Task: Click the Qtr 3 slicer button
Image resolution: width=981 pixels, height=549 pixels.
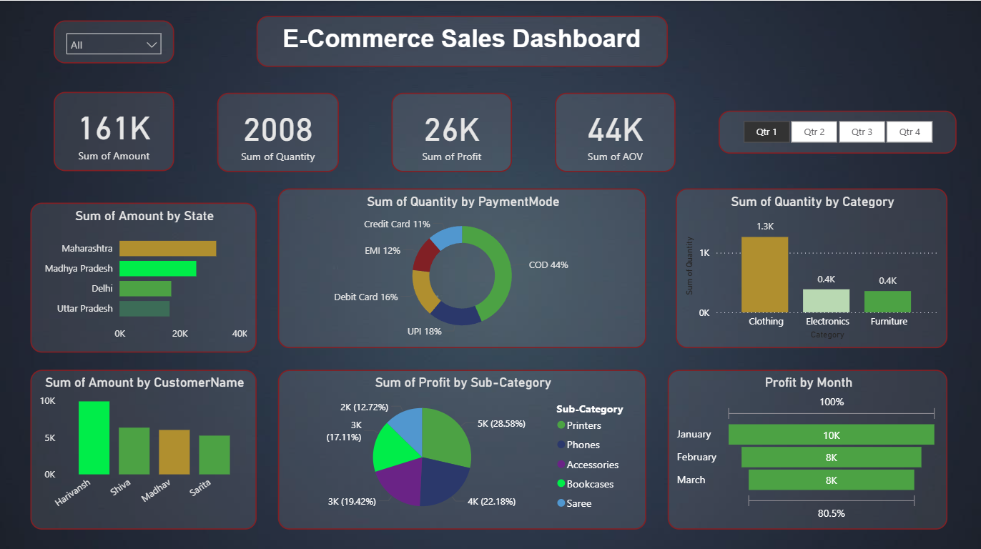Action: point(862,132)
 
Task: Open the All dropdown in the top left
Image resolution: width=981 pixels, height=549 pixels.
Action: point(114,44)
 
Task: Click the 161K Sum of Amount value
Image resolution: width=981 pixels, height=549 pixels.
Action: point(114,129)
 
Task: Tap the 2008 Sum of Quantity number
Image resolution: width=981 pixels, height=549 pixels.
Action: point(277,130)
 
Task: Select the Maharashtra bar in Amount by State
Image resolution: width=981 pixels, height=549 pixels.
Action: point(167,248)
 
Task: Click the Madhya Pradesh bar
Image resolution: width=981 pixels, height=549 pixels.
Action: point(157,268)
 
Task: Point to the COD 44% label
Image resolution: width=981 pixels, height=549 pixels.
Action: point(548,264)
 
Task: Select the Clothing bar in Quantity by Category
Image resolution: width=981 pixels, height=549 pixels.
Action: point(764,274)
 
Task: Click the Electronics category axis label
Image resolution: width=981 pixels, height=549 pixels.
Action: point(827,322)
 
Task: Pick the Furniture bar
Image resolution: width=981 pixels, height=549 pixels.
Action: point(887,301)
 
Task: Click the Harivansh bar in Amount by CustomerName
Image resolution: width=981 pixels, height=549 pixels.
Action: point(94,437)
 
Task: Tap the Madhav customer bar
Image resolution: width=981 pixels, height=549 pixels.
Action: point(174,452)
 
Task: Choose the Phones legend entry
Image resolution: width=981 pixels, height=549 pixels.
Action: point(583,445)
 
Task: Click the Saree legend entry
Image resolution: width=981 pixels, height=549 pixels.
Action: point(578,503)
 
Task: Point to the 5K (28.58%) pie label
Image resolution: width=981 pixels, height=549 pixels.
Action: point(501,423)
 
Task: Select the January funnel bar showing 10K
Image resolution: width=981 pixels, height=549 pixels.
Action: point(831,435)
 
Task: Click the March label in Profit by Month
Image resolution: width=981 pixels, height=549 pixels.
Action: point(691,480)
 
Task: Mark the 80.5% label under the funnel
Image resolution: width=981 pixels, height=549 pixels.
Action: point(831,513)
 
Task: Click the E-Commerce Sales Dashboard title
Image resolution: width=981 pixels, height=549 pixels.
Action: point(461,39)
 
